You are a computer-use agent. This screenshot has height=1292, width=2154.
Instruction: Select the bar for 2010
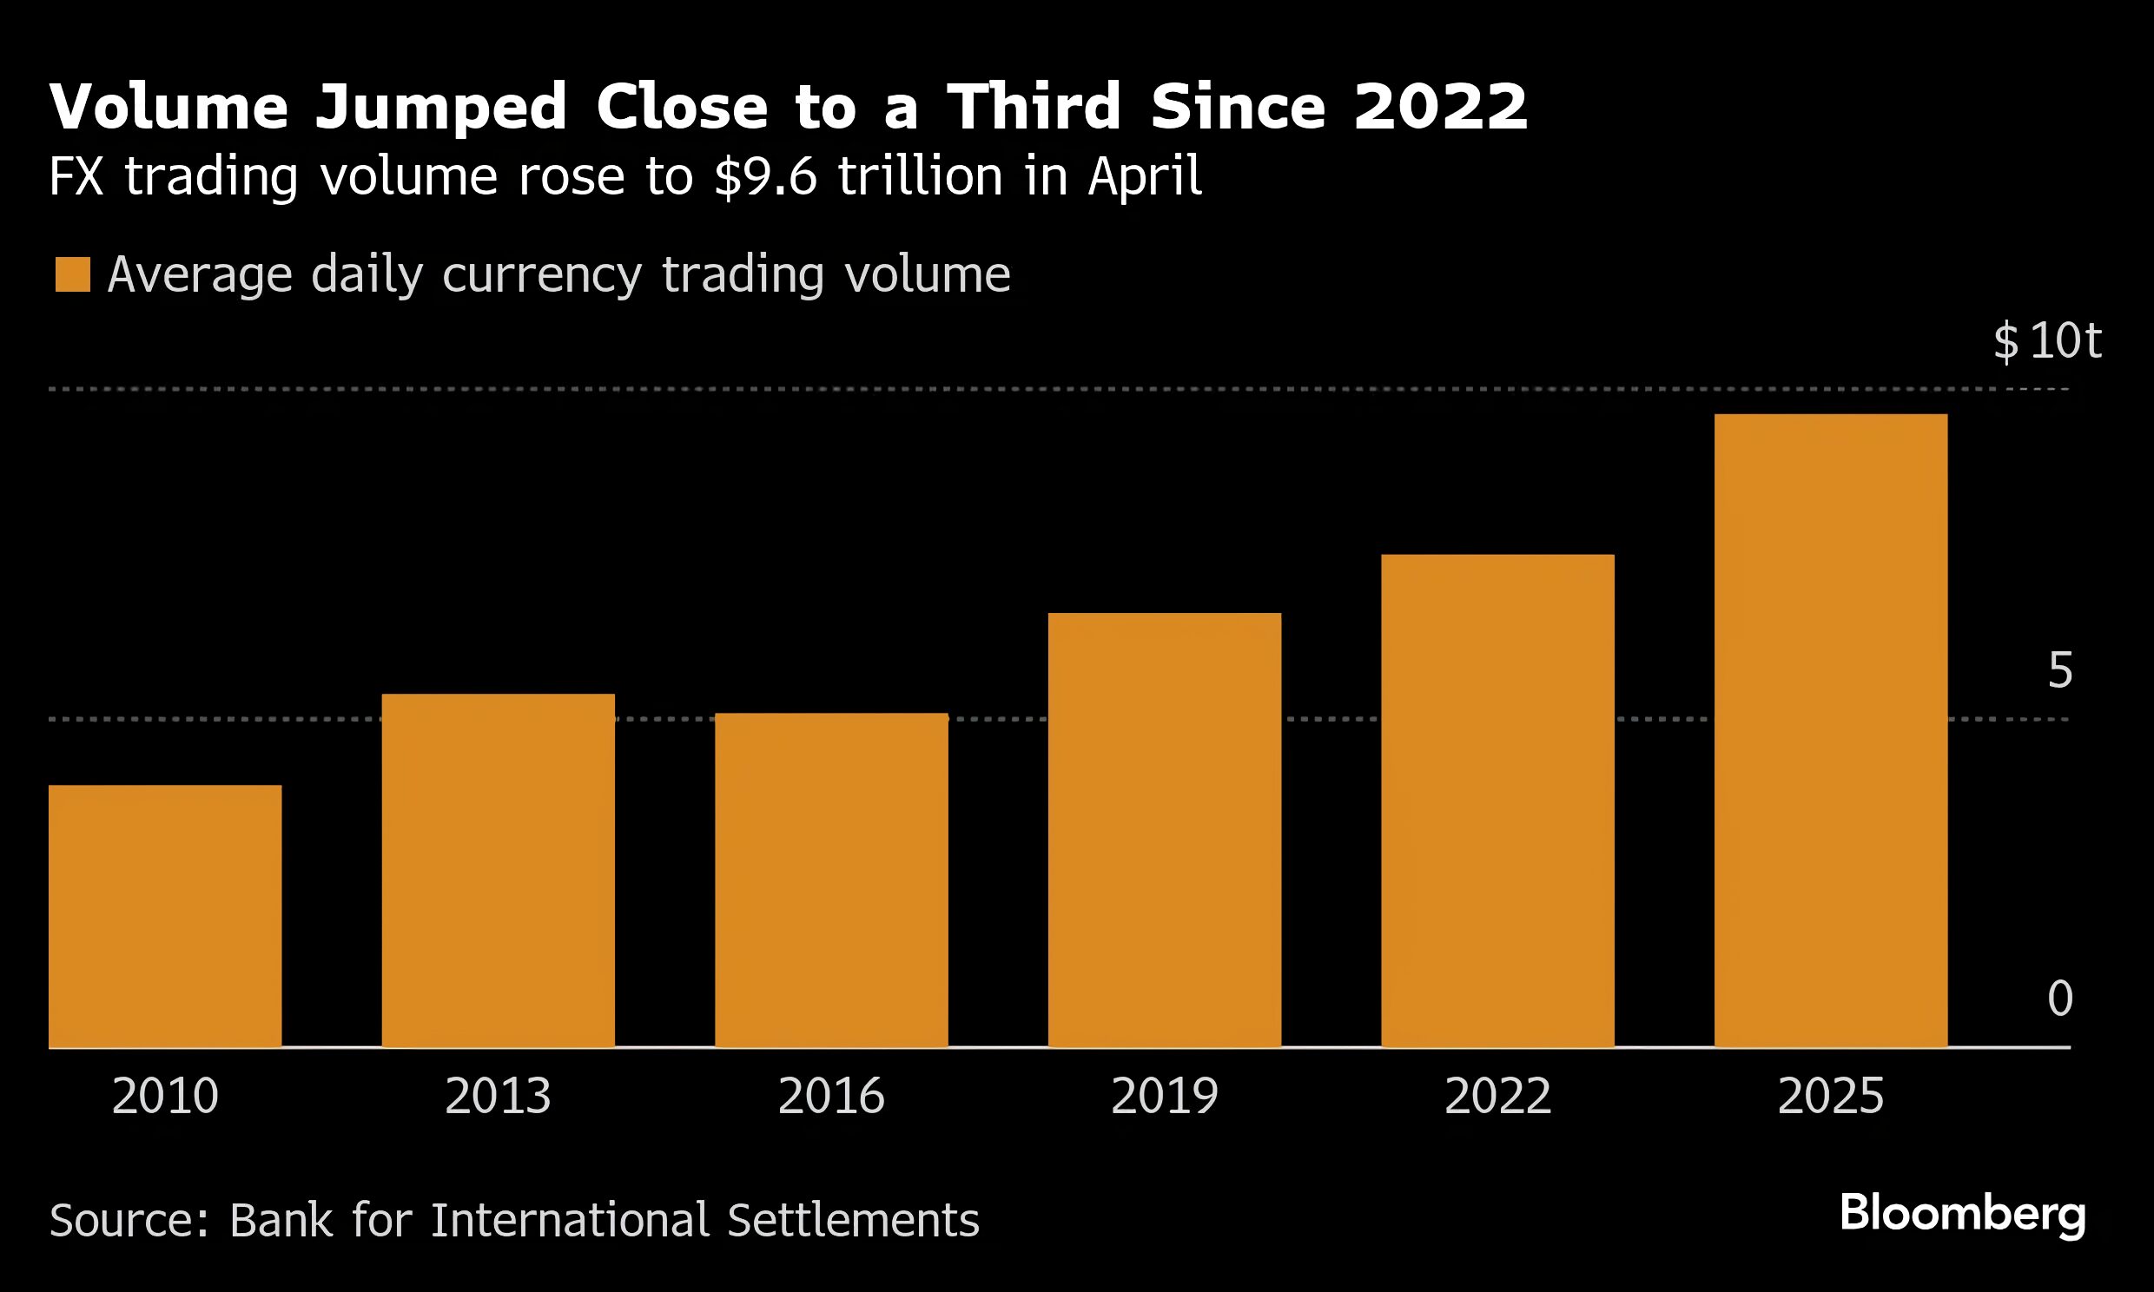pyautogui.click(x=164, y=916)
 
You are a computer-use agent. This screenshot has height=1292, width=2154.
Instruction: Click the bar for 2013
pyautogui.click(x=498, y=871)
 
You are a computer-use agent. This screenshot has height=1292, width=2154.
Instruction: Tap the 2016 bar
pyautogui.click(x=831, y=880)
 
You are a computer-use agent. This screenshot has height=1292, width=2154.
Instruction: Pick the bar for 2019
pyautogui.click(x=1164, y=830)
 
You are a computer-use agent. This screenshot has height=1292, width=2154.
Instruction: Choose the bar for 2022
pyautogui.click(x=1497, y=800)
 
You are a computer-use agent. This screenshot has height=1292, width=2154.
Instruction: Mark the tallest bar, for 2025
pyautogui.click(x=1830, y=730)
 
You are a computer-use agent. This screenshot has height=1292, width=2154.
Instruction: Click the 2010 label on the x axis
pyautogui.click(x=164, y=1096)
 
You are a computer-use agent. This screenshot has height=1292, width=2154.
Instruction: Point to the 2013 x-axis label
pyautogui.click(x=498, y=1096)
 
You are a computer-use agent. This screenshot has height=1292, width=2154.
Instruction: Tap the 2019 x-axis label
pyautogui.click(x=1164, y=1096)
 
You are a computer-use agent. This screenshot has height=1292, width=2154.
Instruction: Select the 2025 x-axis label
pyautogui.click(x=1830, y=1096)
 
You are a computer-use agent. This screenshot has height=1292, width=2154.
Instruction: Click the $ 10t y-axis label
pyautogui.click(x=2047, y=340)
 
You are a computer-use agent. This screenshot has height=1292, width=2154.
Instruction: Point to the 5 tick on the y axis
pyautogui.click(x=2059, y=669)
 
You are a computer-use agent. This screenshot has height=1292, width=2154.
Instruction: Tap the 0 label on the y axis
pyautogui.click(x=2059, y=998)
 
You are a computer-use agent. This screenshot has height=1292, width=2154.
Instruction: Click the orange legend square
pyautogui.click(x=72, y=274)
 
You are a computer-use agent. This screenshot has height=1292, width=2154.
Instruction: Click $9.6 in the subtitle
pyautogui.click(x=765, y=177)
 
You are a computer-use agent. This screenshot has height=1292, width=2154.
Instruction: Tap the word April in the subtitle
pyautogui.click(x=1144, y=177)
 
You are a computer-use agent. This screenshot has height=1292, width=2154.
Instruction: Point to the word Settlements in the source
pyautogui.click(x=853, y=1220)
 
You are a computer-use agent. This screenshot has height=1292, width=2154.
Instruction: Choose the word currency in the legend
pyautogui.click(x=542, y=275)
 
